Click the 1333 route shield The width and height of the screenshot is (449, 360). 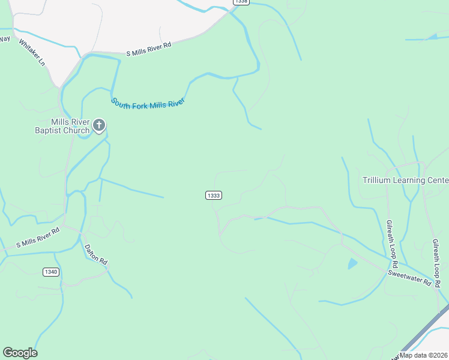(x=214, y=196)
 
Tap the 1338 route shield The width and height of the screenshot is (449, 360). (x=241, y=2)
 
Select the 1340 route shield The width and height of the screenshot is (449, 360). (x=51, y=272)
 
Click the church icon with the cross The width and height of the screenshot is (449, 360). (x=99, y=126)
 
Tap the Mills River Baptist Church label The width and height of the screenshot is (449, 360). (x=62, y=125)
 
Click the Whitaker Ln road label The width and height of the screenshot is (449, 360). (x=32, y=53)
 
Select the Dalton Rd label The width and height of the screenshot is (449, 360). (x=95, y=254)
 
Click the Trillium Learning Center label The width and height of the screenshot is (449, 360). (x=405, y=180)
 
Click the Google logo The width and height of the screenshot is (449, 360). (x=20, y=353)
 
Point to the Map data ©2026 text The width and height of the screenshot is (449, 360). (x=424, y=355)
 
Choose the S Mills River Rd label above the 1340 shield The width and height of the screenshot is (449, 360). (x=38, y=236)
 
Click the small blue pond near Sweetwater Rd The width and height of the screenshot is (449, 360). (x=352, y=263)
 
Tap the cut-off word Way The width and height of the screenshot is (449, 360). (x=5, y=39)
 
